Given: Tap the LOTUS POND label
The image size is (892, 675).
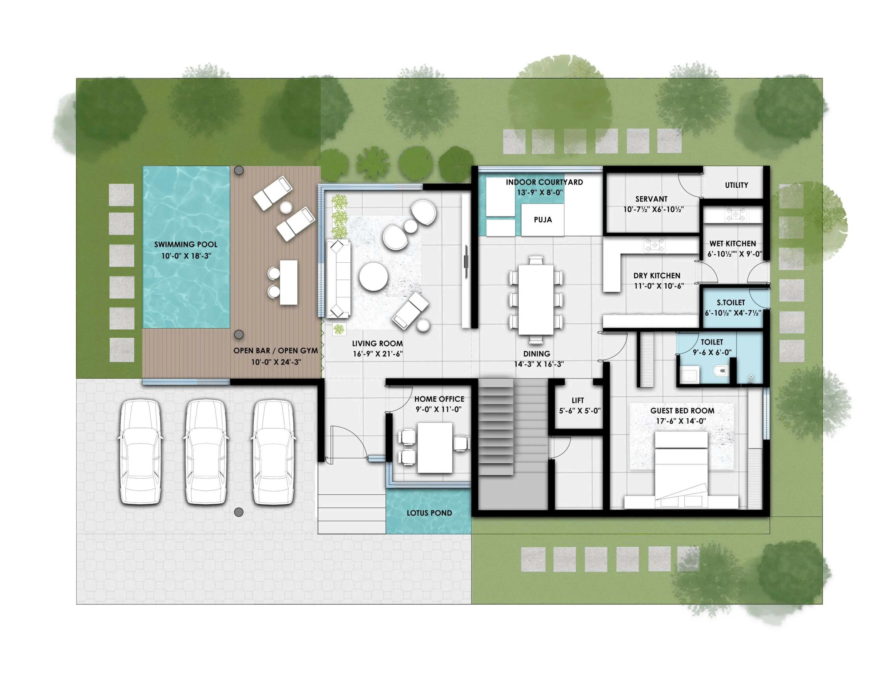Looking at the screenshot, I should (x=429, y=513).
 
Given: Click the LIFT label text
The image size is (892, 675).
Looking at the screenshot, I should (x=577, y=400).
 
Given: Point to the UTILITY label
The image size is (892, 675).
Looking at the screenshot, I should (x=736, y=185).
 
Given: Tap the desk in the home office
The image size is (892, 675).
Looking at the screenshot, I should (x=435, y=447).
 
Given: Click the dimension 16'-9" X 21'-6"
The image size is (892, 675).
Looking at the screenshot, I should (x=378, y=354).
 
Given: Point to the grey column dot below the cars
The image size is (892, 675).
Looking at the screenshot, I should (x=239, y=512).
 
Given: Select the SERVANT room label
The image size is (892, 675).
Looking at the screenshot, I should (x=651, y=199).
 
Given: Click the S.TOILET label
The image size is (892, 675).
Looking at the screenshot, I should (x=731, y=303).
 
